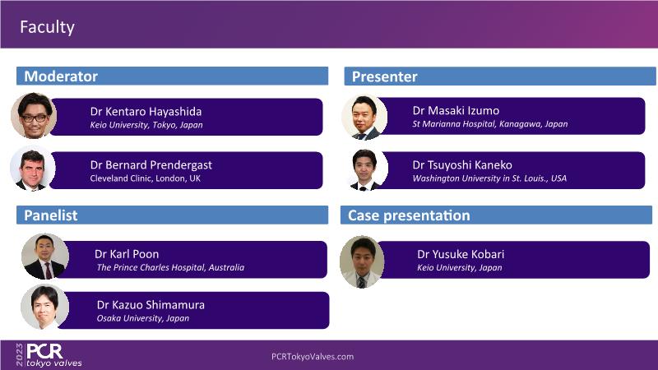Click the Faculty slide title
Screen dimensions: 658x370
tap(47, 27)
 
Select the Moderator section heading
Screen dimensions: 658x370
tap(61, 76)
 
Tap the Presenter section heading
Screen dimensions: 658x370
tap(384, 76)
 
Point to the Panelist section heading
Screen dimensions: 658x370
tap(51, 215)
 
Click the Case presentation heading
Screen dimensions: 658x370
tap(409, 215)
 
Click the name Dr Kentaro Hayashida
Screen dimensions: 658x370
tap(146, 112)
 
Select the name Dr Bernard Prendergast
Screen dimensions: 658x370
tap(151, 165)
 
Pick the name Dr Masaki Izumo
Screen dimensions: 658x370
tap(456, 111)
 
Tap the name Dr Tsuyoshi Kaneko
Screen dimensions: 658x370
tap(462, 165)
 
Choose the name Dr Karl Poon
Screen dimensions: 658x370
tap(127, 254)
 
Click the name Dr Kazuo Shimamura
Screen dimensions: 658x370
tap(151, 305)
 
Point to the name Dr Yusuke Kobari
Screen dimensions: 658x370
tap(461, 254)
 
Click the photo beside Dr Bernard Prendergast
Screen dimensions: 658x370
tap(33, 169)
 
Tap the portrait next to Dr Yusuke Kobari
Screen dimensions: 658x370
tap(362, 261)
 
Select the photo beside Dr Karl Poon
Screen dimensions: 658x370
tap(45, 257)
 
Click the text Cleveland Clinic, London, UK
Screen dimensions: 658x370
tap(146, 178)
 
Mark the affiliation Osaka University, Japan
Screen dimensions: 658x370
tap(142, 318)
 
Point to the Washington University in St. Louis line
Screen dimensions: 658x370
tap(489, 178)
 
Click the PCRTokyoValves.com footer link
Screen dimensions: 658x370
tap(313, 357)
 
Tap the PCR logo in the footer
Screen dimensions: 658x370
tap(49, 355)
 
